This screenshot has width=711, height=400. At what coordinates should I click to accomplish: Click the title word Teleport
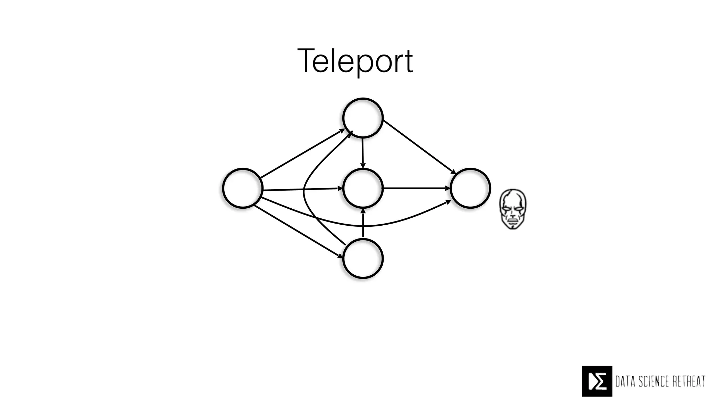click(x=355, y=61)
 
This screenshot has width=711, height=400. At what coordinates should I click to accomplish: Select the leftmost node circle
click(x=242, y=188)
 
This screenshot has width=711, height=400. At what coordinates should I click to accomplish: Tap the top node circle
click(x=363, y=118)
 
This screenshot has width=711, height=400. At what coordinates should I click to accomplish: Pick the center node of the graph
click(x=363, y=188)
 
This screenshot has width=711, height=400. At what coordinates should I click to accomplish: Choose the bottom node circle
click(x=363, y=258)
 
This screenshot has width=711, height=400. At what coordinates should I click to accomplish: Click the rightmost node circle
click(x=470, y=188)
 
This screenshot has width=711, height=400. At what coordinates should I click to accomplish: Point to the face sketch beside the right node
click(x=512, y=209)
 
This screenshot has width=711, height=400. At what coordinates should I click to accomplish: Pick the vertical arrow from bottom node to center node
click(x=363, y=224)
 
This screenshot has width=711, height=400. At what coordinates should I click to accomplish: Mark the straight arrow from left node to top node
click(x=302, y=153)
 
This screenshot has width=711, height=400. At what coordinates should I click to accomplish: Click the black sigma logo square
click(x=597, y=381)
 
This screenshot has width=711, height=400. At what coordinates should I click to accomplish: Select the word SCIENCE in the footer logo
click(x=656, y=381)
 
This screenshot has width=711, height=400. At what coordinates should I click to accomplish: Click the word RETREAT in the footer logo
click(x=689, y=381)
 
